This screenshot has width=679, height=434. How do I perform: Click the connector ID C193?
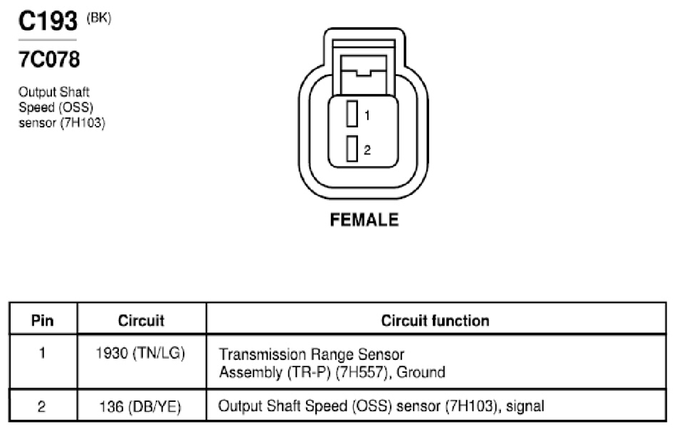click(x=48, y=21)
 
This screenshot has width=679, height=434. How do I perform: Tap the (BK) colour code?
click(x=99, y=18)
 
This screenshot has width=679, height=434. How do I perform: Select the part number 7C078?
click(x=49, y=59)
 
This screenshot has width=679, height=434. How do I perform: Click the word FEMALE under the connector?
click(x=364, y=220)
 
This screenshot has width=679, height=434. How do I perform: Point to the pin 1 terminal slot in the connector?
click(x=352, y=113)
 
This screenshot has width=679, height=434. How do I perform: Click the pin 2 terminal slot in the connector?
click(x=352, y=149)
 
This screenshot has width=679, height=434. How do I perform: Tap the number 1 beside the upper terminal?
click(x=367, y=115)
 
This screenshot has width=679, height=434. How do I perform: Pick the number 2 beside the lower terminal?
click(x=367, y=150)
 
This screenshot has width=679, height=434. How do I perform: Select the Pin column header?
click(x=43, y=321)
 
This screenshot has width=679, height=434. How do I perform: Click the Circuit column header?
click(x=141, y=321)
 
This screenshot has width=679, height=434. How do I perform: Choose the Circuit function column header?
click(x=435, y=321)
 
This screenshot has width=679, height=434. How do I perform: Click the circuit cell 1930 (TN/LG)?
click(x=140, y=354)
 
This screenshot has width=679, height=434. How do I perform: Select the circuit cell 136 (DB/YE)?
click(x=140, y=407)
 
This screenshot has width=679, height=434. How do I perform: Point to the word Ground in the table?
click(x=421, y=372)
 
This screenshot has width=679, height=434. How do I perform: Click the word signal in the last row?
click(x=525, y=406)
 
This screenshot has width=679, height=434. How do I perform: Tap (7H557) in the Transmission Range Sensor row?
click(x=361, y=372)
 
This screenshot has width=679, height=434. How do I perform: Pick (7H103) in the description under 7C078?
click(x=83, y=123)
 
